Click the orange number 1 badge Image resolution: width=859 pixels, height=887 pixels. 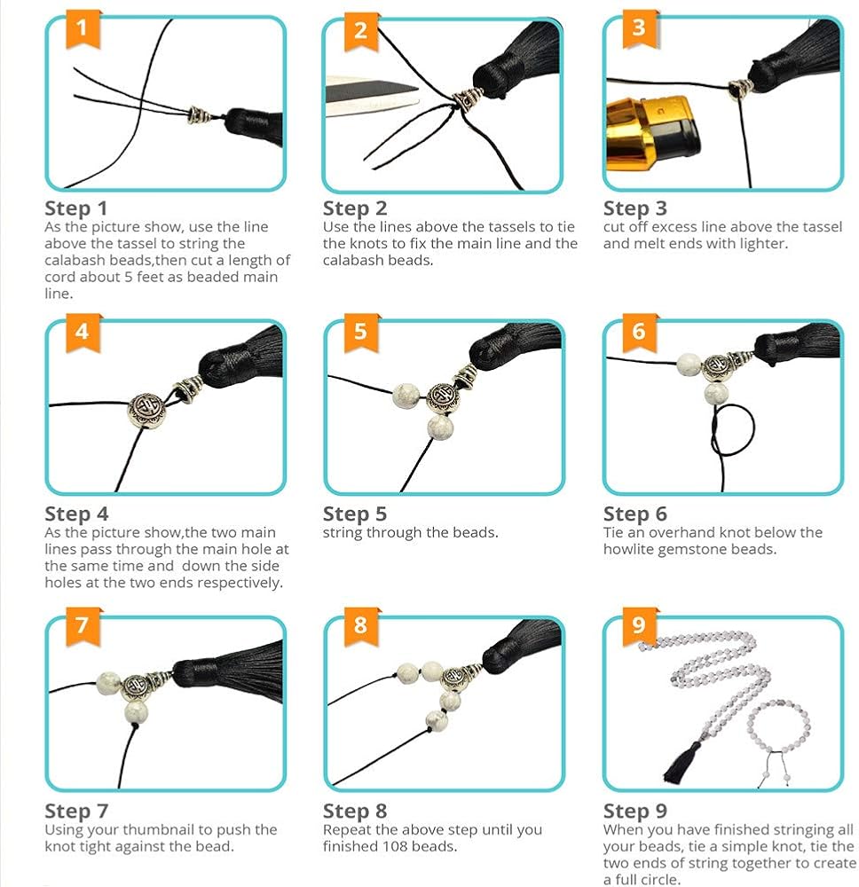click(82, 28)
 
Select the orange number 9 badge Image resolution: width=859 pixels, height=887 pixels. click(639, 626)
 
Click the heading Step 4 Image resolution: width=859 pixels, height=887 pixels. click(76, 514)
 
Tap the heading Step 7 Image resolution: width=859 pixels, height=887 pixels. click(76, 811)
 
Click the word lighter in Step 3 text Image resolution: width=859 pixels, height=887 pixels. click(767, 244)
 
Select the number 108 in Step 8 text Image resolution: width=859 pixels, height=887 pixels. click(393, 846)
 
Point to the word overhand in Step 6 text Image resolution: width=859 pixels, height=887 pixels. click(687, 532)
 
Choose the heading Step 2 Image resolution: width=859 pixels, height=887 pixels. click(355, 208)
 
